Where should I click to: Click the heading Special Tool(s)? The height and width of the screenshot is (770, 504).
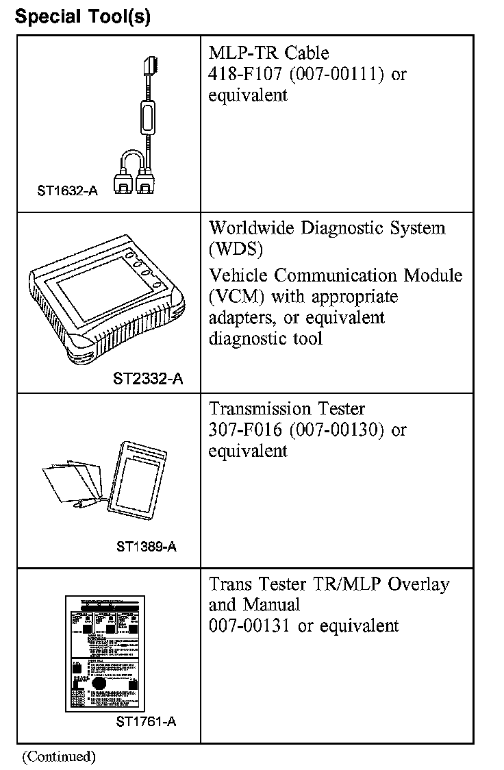[82, 16]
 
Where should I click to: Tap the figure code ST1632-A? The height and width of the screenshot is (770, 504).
[67, 191]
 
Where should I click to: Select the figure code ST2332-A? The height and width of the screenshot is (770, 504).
[148, 378]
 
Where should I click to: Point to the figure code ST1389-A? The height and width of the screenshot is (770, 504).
[147, 546]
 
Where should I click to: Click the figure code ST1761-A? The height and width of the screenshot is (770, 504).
[147, 721]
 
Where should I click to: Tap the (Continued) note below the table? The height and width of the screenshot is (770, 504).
[58, 756]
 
